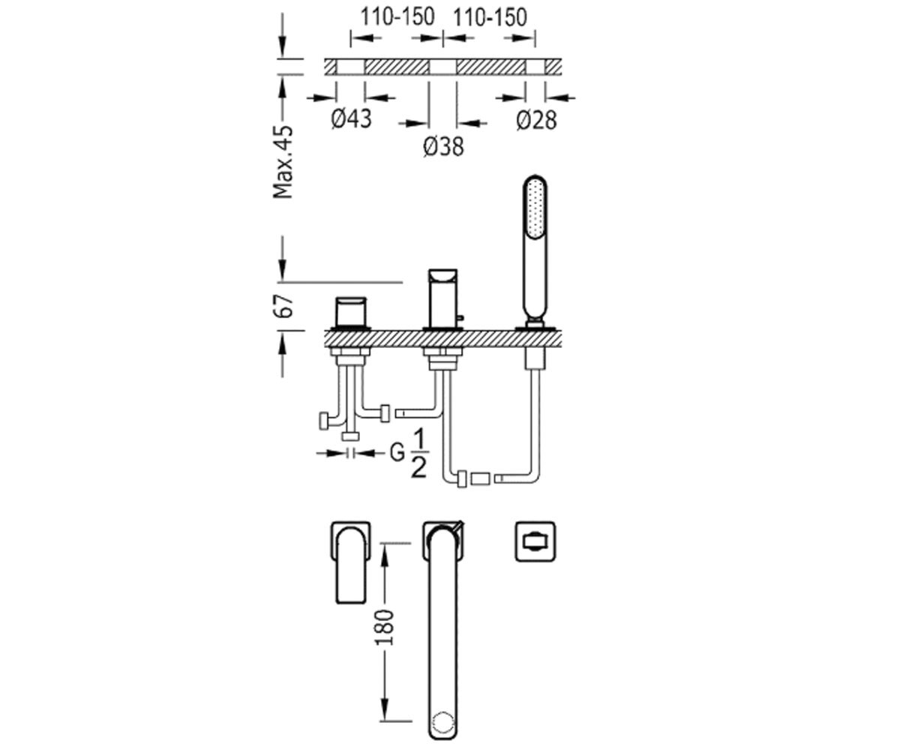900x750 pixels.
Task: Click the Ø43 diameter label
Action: point(351,118)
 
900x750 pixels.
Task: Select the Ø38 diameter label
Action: point(443,146)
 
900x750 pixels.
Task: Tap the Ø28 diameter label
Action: point(537,120)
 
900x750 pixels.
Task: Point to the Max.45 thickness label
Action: point(283,162)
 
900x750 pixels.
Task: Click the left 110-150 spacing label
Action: point(397,18)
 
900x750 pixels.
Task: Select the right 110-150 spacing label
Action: point(490,18)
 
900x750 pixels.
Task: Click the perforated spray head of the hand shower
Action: point(535,206)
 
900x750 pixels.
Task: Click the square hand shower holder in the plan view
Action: point(535,541)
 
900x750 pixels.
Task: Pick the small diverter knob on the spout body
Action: point(460,319)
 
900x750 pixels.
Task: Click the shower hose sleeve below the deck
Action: point(535,358)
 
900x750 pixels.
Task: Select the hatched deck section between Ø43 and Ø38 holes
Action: point(397,67)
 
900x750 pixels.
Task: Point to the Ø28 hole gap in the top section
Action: point(535,67)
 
